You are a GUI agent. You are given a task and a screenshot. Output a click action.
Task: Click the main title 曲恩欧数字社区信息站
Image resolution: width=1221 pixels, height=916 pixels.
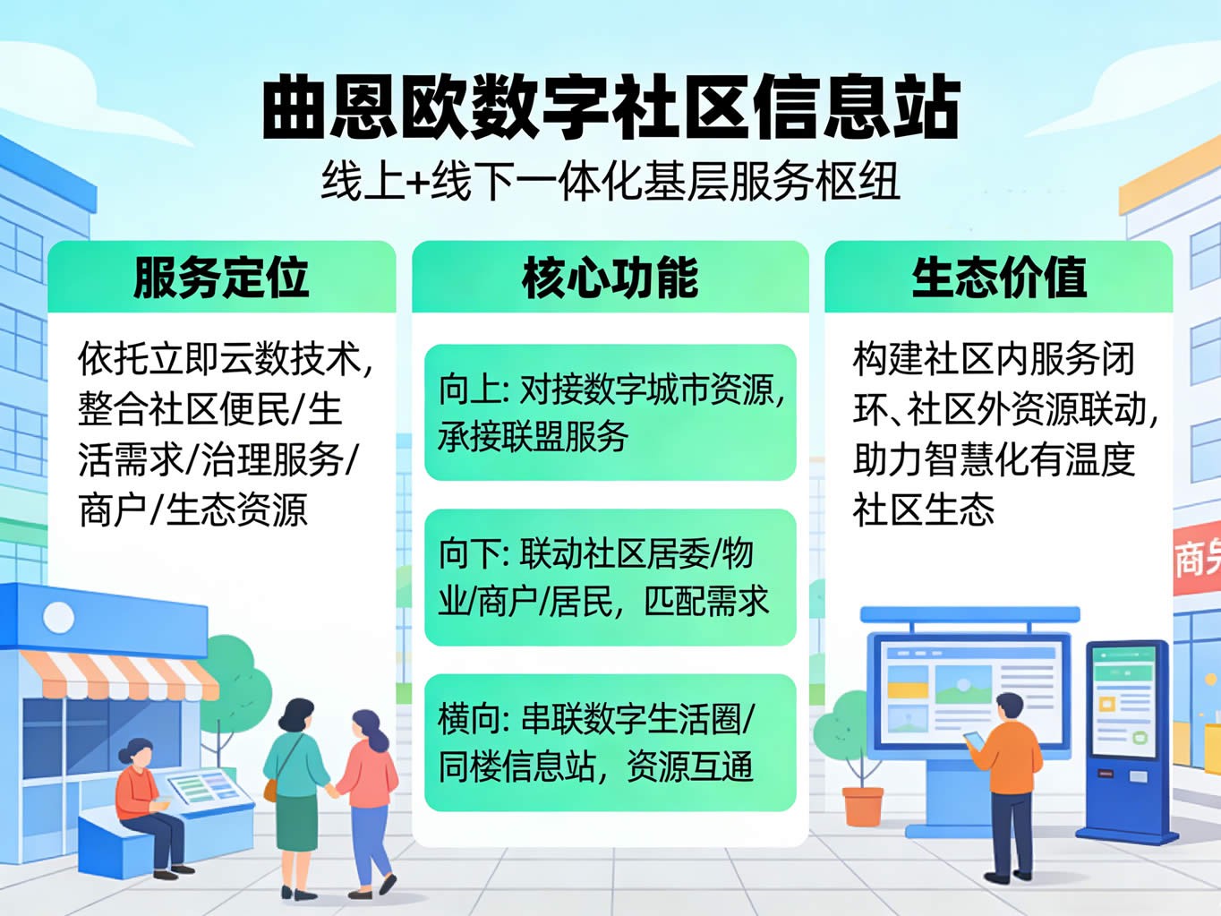610,107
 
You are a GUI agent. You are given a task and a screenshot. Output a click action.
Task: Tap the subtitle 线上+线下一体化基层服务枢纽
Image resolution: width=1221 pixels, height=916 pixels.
610,181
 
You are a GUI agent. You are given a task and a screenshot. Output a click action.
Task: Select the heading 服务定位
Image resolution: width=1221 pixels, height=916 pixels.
221,278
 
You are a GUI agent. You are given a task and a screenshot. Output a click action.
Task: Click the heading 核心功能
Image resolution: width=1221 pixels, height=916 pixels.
610,278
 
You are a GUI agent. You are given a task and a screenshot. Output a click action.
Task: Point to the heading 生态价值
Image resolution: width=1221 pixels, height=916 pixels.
998,278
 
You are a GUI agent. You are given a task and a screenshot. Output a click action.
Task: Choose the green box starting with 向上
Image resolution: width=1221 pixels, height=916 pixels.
610,412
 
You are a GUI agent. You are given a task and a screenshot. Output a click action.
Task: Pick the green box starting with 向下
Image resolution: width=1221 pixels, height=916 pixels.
610,578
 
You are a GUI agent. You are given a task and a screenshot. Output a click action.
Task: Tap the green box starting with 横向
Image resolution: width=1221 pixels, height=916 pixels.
610,742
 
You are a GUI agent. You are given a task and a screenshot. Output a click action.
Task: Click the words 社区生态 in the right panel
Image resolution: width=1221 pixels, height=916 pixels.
924,509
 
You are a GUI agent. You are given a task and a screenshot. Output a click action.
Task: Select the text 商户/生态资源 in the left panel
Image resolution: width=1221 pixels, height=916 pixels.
193,509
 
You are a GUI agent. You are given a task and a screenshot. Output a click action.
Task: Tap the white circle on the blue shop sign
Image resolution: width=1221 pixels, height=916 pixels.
59,617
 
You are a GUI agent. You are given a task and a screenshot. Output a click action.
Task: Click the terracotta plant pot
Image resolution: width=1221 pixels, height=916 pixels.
863,806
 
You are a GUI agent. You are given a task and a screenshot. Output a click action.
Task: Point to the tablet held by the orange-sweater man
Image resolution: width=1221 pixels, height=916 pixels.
975,741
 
